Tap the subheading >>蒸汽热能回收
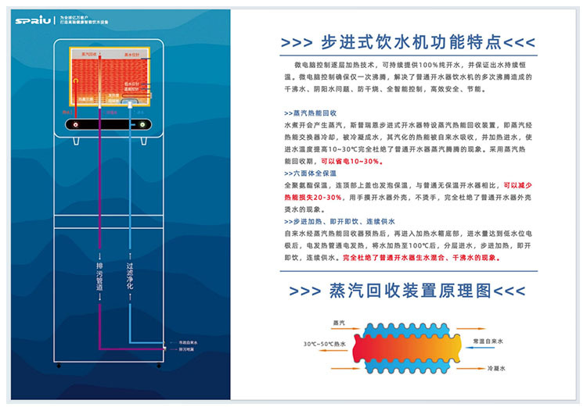point(310,113)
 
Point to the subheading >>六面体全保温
point(310,173)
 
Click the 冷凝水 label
point(497,368)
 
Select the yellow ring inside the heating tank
point(134,101)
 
